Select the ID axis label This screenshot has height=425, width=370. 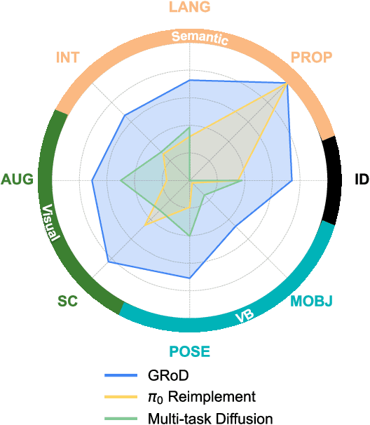[361, 180]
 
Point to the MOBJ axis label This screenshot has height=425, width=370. [311, 302]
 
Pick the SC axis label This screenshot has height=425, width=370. [67, 302]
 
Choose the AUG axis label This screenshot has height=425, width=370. [17, 180]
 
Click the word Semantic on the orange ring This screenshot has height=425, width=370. [200, 38]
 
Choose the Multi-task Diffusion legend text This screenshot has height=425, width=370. [210, 419]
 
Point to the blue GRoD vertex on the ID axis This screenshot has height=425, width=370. [292, 181]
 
